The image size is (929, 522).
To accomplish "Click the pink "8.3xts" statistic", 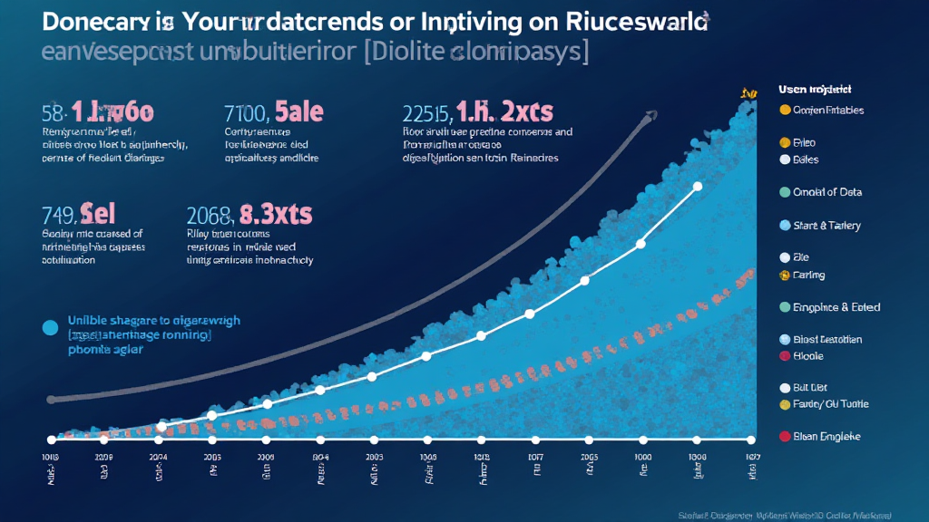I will point(276,215).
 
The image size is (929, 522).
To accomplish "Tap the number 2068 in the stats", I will point(210,216).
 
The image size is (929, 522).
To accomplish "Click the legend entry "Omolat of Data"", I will point(826,192).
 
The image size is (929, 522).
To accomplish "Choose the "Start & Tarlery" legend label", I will point(826,225).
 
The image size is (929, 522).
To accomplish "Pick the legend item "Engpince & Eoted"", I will point(836,307).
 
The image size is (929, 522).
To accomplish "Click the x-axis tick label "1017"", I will point(535,458).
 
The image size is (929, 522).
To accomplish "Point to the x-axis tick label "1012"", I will point(482,458).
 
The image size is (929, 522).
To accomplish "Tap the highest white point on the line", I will point(698,188).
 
